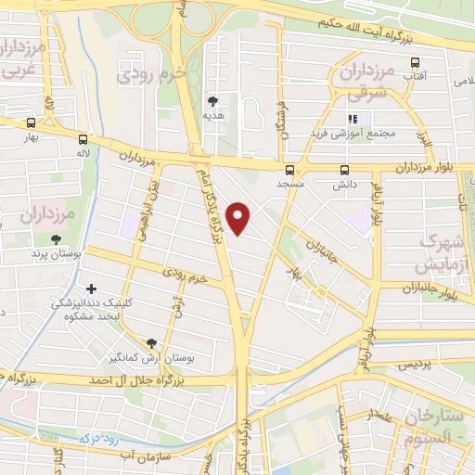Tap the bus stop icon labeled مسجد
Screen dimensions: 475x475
pos(290,170)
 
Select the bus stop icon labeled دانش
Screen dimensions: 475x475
pos(344,170)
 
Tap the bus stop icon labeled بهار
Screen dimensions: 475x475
pos(32,122)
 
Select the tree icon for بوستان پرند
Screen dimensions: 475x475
pos(57,240)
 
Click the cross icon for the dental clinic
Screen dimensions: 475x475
pos(91,289)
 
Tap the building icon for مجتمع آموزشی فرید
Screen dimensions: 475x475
pos(352,119)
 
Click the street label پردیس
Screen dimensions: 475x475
pos(415,366)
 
